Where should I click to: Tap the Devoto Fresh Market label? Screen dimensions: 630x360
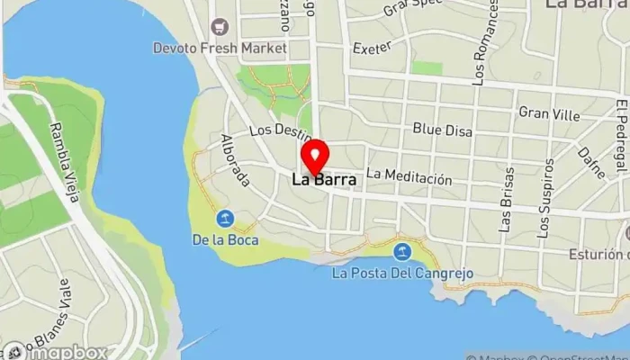pyautogui.click(x=220, y=47)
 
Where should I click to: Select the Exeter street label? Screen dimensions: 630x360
pyautogui.click(x=373, y=47)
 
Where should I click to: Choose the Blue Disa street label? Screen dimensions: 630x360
pyautogui.click(x=442, y=130)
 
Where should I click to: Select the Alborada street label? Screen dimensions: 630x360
pyautogui.click(x=234, y=160)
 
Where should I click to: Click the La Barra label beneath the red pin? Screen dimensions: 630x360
pyautogui.click(x=323, y=180)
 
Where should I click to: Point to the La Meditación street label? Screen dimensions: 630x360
pyautogui.click(x=409, y=178)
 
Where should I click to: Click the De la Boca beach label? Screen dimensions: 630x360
pyautogui.click(x=225, y=239)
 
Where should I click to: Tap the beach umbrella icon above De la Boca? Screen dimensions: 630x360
pyautogui.click(x=225, y=219)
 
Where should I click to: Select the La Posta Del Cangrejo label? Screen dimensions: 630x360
pyautogui.click(x=402, y=272)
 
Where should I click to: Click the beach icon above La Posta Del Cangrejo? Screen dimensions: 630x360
pyautogui.click(x=402, y=250)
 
